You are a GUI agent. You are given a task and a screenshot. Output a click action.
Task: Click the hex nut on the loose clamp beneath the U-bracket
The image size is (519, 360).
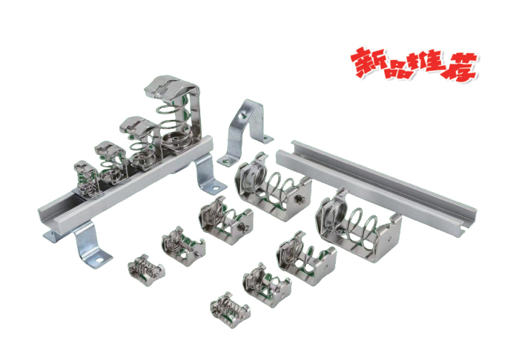(298, 198)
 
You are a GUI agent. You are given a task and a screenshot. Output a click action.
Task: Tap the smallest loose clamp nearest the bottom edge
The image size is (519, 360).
(227, 305)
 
